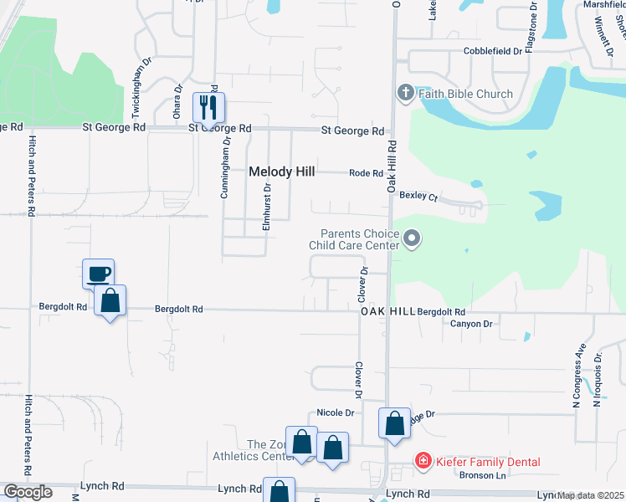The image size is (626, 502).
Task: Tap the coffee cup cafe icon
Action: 99,274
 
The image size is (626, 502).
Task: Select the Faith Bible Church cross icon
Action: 405,93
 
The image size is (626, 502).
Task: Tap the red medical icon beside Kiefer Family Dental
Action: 423,461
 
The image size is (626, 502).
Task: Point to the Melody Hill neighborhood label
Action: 282,172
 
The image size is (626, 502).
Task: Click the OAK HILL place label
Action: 387,311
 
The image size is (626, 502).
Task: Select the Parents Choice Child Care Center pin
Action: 411,240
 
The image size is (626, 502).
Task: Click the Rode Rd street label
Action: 366,173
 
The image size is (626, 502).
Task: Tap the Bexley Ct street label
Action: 418,197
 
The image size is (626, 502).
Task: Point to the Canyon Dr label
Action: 472,324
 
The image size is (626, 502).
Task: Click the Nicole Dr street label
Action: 336,412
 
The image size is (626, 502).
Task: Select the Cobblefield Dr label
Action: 492,51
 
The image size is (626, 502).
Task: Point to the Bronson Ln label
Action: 483,475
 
